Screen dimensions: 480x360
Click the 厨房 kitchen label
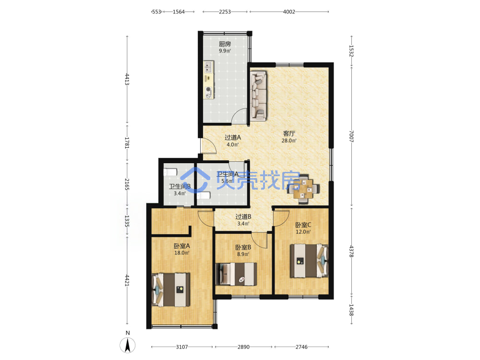pyautogui.click(x=225, y=44)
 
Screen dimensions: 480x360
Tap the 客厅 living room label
pyautogui.click(x=289, y=133)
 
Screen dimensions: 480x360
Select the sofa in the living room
pyautogui.click(x=259, y=96)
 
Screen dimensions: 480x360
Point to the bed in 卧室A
pyautogui.click(x=171, y=289)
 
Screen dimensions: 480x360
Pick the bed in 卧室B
pyautogui.click(x=236, y=274)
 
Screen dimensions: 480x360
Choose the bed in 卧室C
pyautogui.click(x=309, y=261)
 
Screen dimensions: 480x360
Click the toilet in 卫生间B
pyautogui.click(x=170, y=172)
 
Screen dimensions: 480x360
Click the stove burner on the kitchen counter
pyautogui.click(x=209, y=89)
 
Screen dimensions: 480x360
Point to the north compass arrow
pyautogui.click(x=128, y=345)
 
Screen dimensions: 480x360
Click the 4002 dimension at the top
pyautogui.click(x=289, y=12)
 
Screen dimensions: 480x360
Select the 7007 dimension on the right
pyautogui.click(x=351, y=136)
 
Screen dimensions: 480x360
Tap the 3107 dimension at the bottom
pyautogui.click(x=182, y=347)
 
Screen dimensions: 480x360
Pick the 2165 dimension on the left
pyautogui.click(x=127, y=184)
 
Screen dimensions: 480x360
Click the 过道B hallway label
pyautogui.click(x=243, y=217)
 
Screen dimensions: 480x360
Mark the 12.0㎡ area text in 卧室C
pyautogui.click(x=303, y=232)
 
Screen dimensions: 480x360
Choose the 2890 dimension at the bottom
pyautogui.click(x=243, y=347)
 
